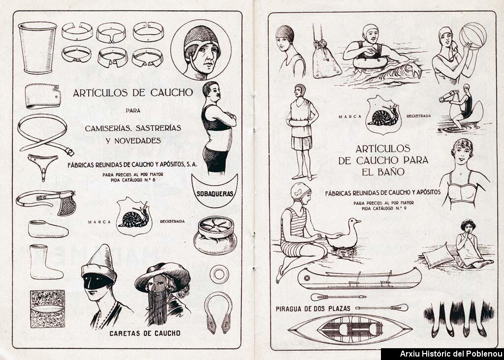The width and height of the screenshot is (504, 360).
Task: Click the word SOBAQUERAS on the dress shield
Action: (215, 194)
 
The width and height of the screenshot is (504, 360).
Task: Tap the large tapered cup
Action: (38, 48)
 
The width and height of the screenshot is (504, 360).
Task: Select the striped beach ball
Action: (473, 36)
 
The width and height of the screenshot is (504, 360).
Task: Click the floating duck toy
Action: (343, 234)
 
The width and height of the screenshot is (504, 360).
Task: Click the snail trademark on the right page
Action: (383, 114)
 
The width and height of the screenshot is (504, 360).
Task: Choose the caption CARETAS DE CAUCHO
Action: (145, 333)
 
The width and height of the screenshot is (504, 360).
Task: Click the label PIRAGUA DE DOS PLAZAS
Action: (313, 309)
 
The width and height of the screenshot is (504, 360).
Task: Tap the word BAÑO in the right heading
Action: (383, 172)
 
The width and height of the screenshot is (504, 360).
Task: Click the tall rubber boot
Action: (46, 262)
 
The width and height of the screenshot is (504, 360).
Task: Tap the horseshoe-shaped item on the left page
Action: (218, 312)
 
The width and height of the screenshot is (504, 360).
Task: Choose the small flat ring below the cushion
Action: (219, 274)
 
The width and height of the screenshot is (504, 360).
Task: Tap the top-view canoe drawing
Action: (350, 330)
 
